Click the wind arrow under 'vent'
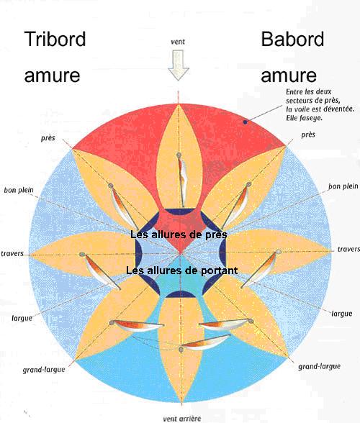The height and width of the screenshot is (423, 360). point(179,65)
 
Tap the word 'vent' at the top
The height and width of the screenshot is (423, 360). point(178,42)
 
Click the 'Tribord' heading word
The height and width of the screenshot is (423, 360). point(55,39)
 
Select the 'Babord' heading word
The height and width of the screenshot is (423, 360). point(292,39)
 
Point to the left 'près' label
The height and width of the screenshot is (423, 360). point(48,138)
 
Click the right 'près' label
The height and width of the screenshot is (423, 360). point(308,135)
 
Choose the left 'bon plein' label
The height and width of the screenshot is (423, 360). point(19,190)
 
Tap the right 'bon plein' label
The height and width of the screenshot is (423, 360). point(343,186)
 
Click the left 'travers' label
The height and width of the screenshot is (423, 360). point(12,254)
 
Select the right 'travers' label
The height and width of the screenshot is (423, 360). point(348,249)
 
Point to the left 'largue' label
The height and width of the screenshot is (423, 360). point(22,318)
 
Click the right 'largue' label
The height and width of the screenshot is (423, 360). point(341,314)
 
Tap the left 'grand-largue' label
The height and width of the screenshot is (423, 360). point(44,370)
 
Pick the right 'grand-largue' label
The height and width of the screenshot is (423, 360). point(319,366)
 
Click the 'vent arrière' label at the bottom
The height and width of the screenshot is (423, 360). point(181,419)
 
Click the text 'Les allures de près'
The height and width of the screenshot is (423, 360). point(179,235)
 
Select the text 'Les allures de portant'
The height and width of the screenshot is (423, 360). point(181,270)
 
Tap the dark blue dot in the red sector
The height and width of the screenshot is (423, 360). point(246,122)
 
